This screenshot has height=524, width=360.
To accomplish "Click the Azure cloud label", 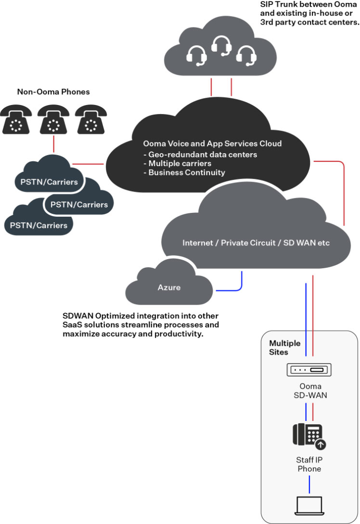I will point(169,288).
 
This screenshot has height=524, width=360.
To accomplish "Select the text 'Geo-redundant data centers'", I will point(203,155).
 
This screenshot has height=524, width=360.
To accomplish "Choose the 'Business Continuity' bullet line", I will point(187,172).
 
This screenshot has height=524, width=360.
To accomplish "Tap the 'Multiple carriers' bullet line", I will point(180,163).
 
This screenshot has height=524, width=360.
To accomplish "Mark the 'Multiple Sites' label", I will point(284,348).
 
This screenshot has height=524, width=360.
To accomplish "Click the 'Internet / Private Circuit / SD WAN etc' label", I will point(256,243).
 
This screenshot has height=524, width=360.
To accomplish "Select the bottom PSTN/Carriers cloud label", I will point(39,224).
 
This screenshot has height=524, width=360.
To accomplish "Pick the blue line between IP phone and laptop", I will point(309,484).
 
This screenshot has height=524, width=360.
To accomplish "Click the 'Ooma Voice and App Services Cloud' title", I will point(212,144).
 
